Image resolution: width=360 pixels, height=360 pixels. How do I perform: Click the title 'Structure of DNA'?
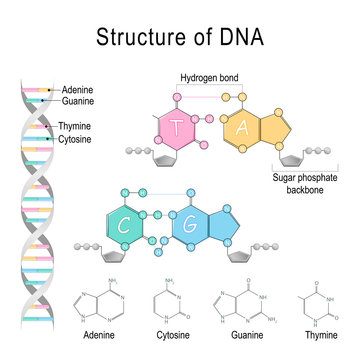point(180,39)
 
